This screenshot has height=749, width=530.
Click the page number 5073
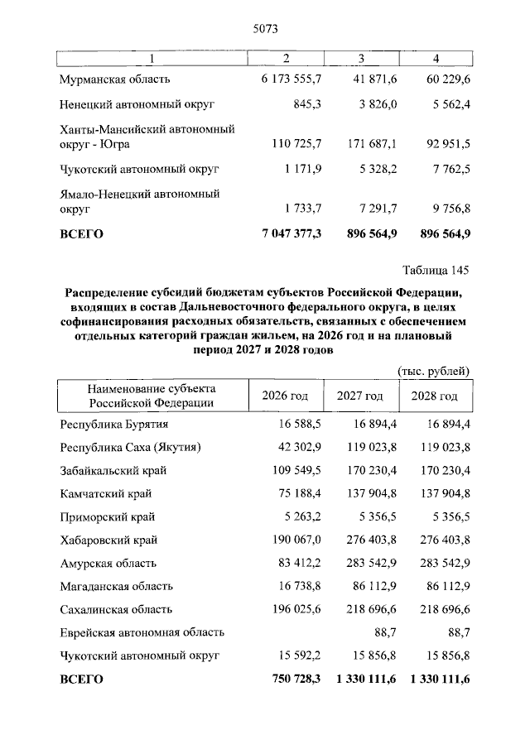pyautogui.click(x=264, y=29)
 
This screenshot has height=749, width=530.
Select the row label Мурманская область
pyautogui.click(x=115, y=79)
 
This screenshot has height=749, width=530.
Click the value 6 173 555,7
pyautogui.click(x=291, y=79)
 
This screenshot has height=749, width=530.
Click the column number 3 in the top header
pyautogui.click(x=361, y=57)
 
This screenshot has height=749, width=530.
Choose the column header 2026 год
pyautogui.click(x=285, y=396)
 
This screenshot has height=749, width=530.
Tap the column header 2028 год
pyautogui.click(x=434, y=396)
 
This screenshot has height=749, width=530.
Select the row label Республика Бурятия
pyautogui.click(x=108, y=424)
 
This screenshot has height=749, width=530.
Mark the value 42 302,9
pyautogui.click(x=297, y=447)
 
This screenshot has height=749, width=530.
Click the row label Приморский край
pyautogui.click(x=107, y=516)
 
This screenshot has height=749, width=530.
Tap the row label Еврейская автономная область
pyautogui.click(x=142, y=632)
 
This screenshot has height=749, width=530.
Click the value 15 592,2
pyautogui.click(x=297, y=655)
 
